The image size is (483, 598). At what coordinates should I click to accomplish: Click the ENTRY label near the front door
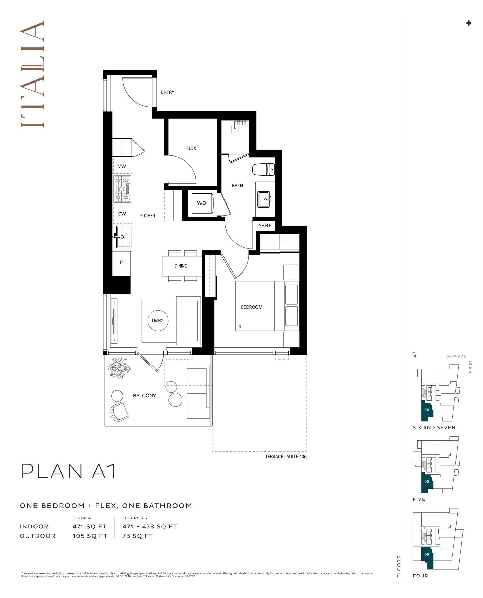(167, 92)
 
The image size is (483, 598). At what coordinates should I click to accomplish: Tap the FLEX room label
(191, 148)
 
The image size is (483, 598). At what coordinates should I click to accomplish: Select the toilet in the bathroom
(263, 169)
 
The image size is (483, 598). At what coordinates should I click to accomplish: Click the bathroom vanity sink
(263, 199)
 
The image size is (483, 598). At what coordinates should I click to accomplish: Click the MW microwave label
(121, 166)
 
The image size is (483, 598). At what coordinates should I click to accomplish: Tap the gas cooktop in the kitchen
(122, 189)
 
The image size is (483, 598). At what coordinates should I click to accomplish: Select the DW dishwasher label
(122, 214)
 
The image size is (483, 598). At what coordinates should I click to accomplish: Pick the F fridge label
(121, 262)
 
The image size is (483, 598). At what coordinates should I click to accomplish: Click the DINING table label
(181, 266)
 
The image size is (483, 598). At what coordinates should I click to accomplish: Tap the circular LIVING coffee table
(158, 321)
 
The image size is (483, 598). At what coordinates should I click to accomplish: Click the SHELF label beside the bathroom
(265, 225)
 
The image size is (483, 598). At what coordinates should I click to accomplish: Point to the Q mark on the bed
(240, 327)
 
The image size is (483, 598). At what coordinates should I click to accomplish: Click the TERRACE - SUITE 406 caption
(285, 456)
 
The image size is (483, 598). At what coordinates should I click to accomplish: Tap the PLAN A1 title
(68, 471)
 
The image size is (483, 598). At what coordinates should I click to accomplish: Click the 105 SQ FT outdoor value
(90, 536)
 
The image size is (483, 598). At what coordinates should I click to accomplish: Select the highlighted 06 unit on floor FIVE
(427, 482)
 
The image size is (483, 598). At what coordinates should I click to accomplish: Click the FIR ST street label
(470, 367)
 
